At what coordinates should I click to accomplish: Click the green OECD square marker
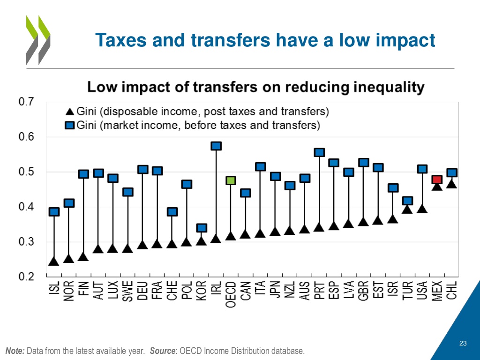[231, 180]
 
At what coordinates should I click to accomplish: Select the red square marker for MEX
[437, 180]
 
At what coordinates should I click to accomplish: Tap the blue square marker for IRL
[216, 146]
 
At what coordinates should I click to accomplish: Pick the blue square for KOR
[201, 228]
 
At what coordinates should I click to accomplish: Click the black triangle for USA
[422, 209]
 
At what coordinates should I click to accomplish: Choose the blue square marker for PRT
[319, 152]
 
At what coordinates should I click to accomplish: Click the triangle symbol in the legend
[69, 112]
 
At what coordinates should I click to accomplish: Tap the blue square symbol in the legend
[69, 125]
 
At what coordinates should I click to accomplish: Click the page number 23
[463, 344]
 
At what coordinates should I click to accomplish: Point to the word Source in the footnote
[161, 351]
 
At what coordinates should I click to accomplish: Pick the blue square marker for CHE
[172, 212]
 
